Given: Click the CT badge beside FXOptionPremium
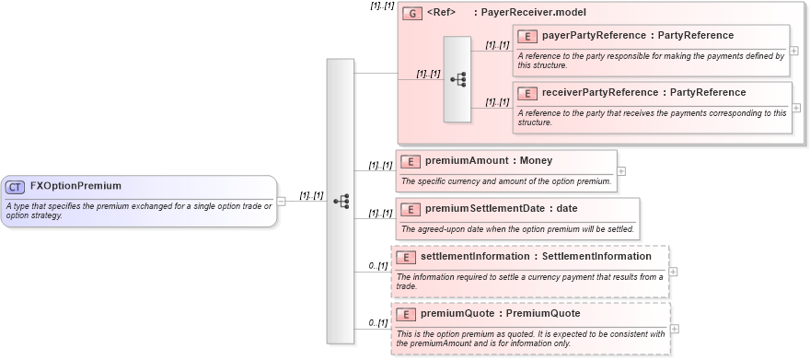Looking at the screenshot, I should tap(15, 187).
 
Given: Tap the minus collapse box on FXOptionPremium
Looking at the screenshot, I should tap(281, 202).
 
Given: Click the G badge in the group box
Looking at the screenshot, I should tap(412, 14).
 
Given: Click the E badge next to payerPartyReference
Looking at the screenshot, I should tap(527, 36).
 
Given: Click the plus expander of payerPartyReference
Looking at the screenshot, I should tap(793, 51).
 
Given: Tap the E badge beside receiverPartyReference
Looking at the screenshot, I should tap(527, 93).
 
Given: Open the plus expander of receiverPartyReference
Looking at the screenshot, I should tap(793, 108).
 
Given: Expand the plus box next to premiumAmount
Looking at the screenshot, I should tap(620, 170).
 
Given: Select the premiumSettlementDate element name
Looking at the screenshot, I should tap(488, 209).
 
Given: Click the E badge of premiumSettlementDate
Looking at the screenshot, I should tap(411, 209).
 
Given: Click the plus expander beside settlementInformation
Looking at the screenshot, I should tap(673, 272).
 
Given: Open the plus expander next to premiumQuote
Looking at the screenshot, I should tap(674, 329).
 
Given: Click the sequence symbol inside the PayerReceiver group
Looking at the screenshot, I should tap(457, 79).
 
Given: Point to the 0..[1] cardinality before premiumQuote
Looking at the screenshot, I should tap(377, 323).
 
